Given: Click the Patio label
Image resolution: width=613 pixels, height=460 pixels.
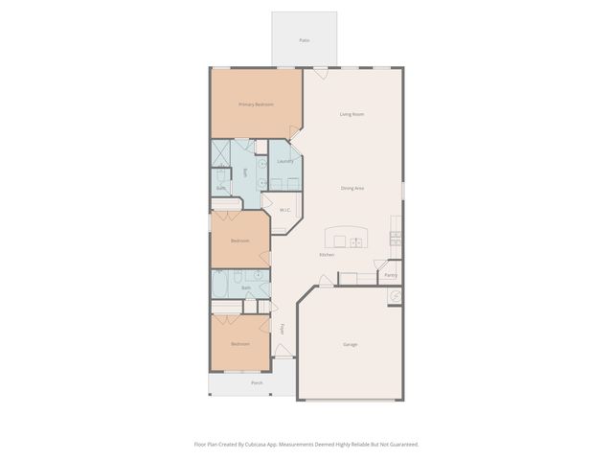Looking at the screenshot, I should tap(304, 40).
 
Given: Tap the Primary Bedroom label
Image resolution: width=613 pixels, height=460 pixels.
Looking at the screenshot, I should tap(256, 103).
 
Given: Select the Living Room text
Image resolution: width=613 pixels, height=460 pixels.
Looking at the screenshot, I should tap(352, 114).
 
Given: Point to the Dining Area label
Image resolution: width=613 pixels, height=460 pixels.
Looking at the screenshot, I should tap(352, 188).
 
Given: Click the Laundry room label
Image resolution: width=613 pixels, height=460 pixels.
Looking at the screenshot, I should tap(284, 161).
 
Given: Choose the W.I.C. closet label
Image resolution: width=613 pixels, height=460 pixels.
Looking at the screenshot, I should tap(284, 210).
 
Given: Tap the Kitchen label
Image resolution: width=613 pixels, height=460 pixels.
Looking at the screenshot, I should tap(326, 255).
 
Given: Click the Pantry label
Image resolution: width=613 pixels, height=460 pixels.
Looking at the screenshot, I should tap(390, 276).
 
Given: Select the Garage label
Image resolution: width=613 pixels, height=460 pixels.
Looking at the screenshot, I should tap(351, 344).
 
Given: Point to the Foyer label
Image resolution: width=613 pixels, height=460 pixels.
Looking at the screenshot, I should tap(282, 329).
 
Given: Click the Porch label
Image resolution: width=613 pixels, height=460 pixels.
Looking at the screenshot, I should tap(257, 382).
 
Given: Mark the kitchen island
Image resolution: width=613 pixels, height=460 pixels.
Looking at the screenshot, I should tap(346, 239).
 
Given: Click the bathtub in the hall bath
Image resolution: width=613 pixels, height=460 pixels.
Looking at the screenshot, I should tap(220, 284).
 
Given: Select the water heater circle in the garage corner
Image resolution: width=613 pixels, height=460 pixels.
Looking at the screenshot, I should tap(394, 297).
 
